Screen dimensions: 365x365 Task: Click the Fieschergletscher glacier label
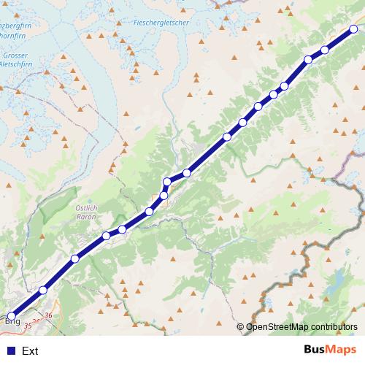tap(161, 23)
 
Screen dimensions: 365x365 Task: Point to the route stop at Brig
tap(11, 315)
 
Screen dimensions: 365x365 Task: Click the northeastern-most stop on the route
tap(353, 29)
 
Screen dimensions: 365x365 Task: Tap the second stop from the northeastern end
tap(325, 50)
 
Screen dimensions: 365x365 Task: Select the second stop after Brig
tap(74, 259)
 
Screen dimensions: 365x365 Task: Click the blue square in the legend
tap(10, 350)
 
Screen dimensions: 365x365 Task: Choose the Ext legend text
tap(30, 351)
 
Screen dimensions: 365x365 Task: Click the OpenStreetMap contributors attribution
tap(301, 327)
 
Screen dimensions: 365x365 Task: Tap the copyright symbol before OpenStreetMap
tap(241, 327)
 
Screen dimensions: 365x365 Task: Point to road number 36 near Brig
tap(48, 315)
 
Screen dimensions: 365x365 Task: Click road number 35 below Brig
tap(28, 325)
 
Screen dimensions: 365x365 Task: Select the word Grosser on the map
tap(15, 55)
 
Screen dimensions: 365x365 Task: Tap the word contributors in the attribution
tap(334, 327)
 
